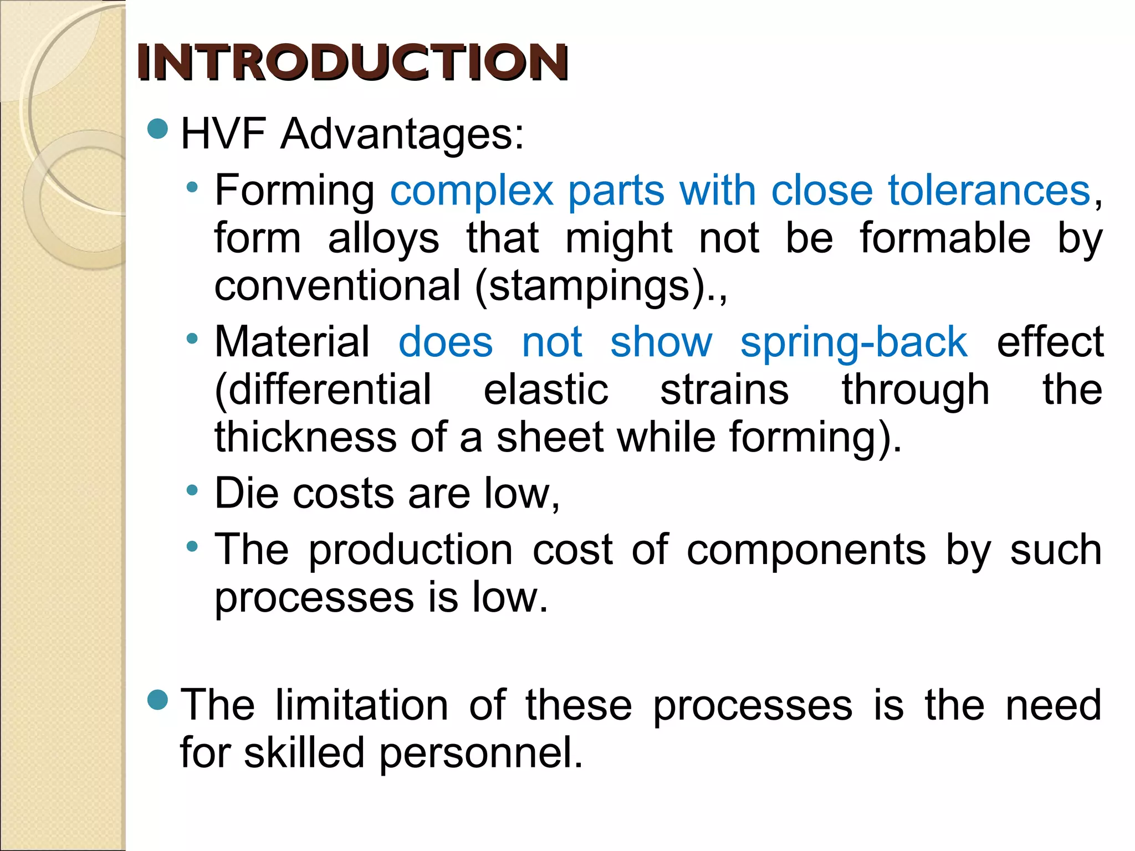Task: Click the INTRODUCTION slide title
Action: tap(352, 63)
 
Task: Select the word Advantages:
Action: tap(402, 135)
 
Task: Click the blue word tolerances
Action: tap(989, 190)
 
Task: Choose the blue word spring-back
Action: tap(854, 342)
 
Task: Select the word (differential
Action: tap(323, 390)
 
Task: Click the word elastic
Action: tap(546, 389)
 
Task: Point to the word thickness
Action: tap(305, 437)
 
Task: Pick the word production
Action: tap(411, 550)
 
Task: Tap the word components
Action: tap(806, 550)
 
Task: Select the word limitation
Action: tap(362, 705)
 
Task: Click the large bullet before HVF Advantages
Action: tap(158, 129)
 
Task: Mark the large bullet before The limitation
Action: tap(158, 700)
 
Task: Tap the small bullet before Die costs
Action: tap(192, 490)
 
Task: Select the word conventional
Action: tap(338, 286)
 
